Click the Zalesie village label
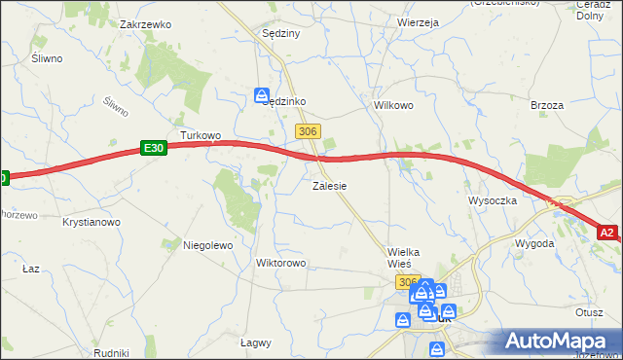click(330, 185)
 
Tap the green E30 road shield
click(153, 148)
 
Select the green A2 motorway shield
click(607, 233)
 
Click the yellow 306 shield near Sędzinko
click(308, 131)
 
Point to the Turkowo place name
click(201, 135)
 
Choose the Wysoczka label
click(492, 200)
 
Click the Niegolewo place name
click(207, 246)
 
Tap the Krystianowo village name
click(91, 223)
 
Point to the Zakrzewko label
click(146, 24)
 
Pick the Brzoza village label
click(548, 104)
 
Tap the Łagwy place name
click(255, 342)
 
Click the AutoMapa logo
click(559, 342)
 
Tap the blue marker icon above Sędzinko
click(262, 94)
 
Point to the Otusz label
click(590, 313)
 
